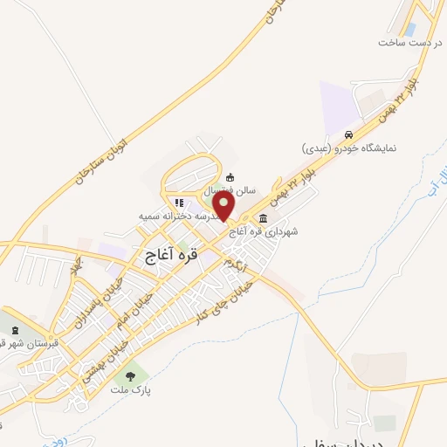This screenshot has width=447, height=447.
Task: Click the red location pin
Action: click(x=225, y=207)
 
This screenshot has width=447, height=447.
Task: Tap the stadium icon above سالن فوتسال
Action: click(x=230, y=177)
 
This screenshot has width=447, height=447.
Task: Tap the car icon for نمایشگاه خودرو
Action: click(x=348, y=135)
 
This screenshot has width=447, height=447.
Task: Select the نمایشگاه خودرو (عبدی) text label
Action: click(x=349, y=148)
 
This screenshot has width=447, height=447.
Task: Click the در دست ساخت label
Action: click(x=411, y=42)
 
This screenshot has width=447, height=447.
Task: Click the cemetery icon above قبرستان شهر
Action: click(x=14, y=330)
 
